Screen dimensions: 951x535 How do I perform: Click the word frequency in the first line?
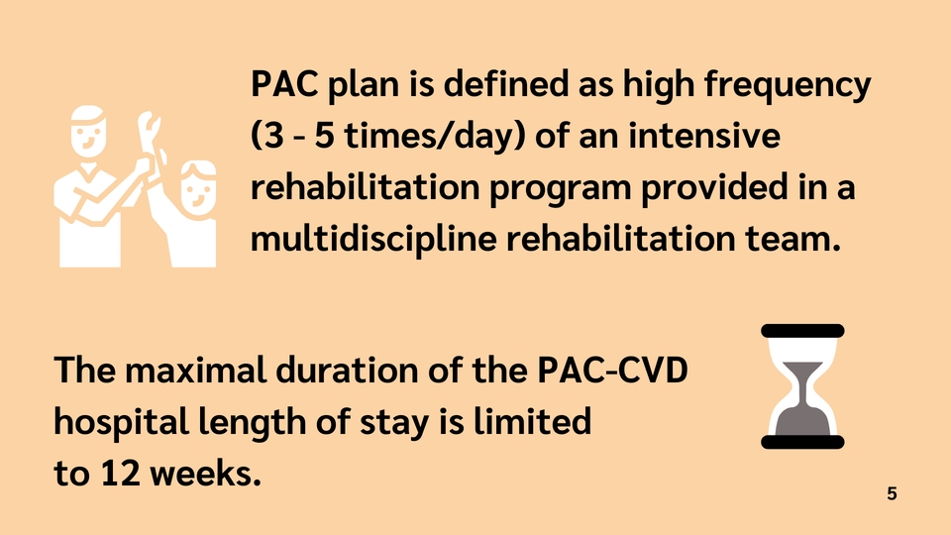point(788,85)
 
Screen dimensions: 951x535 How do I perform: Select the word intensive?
point(703,136)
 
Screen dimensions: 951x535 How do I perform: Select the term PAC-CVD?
point(612,370)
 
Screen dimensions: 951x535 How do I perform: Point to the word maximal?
point(195,370)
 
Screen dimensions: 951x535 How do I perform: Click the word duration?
point(347,370)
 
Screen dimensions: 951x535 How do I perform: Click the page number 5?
point(892,493)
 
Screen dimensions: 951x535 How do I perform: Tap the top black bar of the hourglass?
point(802,331)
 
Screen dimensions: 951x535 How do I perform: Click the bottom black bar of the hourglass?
point(802,442)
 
